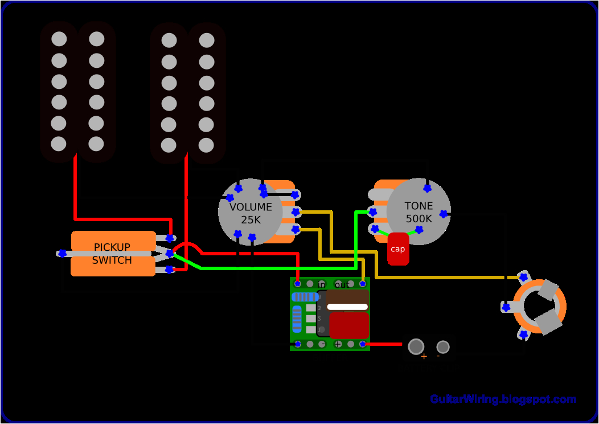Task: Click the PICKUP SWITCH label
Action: click(x=113, y=254)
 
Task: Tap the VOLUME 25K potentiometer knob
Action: click(x=250, y=212)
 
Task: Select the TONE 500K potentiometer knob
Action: click(x=419, y=212)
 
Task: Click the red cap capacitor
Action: click(x=398, y=249)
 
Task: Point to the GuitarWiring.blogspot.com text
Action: click(x=503, y=399)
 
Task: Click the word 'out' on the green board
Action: click(x=342, y=284)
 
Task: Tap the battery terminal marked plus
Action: click(x=416, y=346)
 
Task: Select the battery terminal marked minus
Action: click(x=442, y=346)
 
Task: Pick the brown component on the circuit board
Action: click(x=347, y=300)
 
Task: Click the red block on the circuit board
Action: click(x=349, y=325)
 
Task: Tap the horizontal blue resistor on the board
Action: click(x=305, y=297)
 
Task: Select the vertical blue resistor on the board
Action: click(x=297, y=319)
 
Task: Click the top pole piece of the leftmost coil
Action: click(x=59, y=39)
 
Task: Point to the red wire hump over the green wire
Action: click(x=187, y=246)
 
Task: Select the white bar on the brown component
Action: click(x=347, y=307)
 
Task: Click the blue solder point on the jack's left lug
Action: click(x=505, y=307)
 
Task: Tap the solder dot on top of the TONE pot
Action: click(x=427, y=188)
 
